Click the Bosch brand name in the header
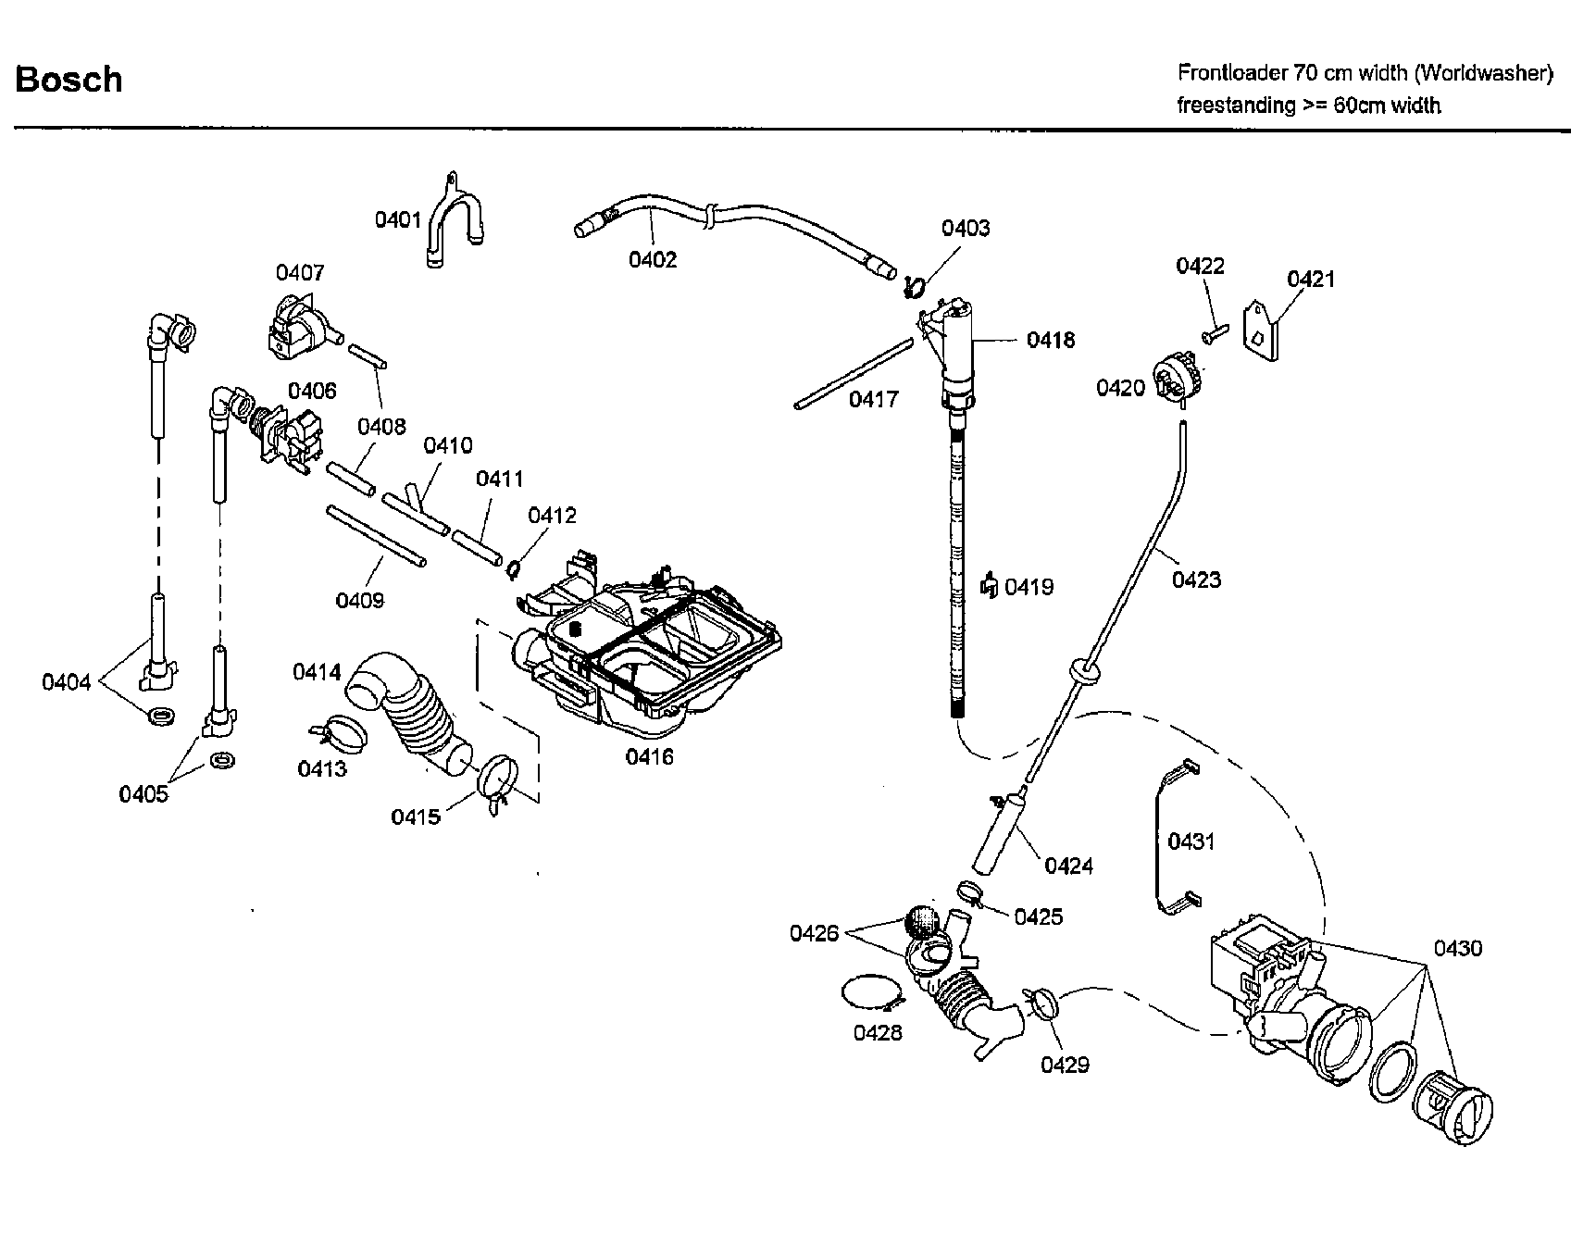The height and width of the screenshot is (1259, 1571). (x=69, y=80)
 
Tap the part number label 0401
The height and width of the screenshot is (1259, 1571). (x=398, y=219)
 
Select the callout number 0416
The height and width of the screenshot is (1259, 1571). (x=649, y=756)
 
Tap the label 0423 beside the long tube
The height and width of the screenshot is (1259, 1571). (x=1196, y=580)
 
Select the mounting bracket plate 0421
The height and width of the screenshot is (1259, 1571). (x=1262, y=329)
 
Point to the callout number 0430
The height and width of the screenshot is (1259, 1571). (x=1458, y=948)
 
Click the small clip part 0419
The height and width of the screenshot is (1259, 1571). (x=990, y=585)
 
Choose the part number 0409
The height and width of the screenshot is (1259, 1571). (x=359, y=601)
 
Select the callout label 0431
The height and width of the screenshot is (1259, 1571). (x=1191, y=841)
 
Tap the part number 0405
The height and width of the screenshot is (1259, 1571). (x=143, y=793)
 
